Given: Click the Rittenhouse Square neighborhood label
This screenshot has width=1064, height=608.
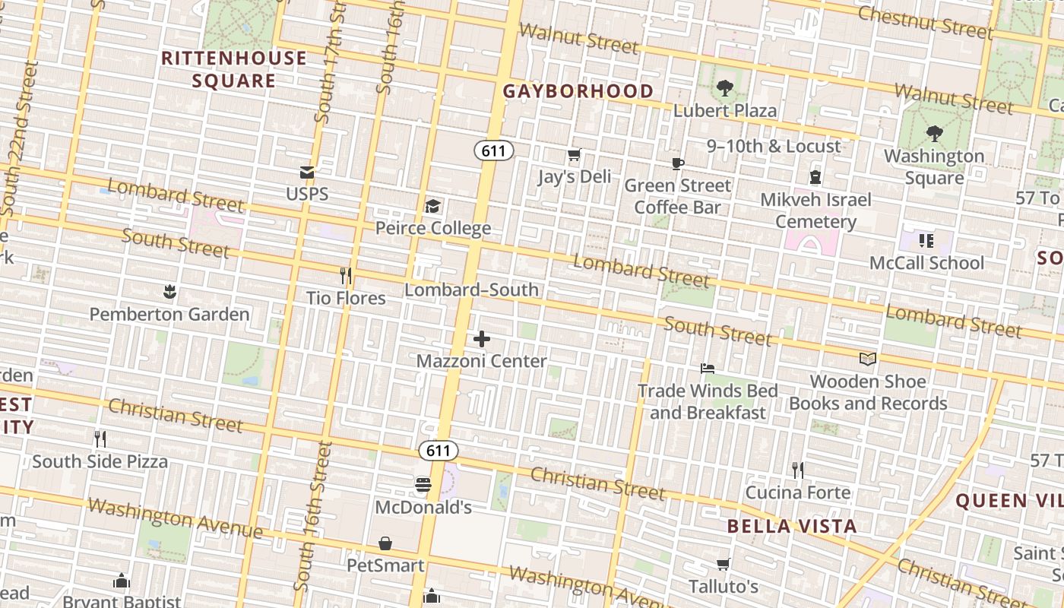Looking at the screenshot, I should (x=234, y=69).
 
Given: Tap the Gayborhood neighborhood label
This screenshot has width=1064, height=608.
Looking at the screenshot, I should (x=578, y=91).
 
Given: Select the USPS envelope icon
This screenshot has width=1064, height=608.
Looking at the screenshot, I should (x=307, y=173).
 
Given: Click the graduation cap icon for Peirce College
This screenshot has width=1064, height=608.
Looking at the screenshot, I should (x=432, y=206).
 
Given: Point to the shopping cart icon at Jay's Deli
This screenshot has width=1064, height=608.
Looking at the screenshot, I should (x=575, y=155).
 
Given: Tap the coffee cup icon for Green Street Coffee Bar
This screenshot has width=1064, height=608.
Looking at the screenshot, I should (x=678, y=163).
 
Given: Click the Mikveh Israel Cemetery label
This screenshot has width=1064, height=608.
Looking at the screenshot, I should (x=815, y=211).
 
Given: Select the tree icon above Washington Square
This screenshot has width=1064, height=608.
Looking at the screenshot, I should (x=934, y=134).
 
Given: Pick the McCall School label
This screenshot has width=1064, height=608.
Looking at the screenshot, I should (x=926, y=263).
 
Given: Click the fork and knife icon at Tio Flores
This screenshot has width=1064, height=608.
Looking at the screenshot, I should (x=346, y=275).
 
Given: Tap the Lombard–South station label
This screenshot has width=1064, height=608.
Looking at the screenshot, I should (x=472, y=290).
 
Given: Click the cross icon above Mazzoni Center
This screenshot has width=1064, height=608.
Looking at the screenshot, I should (x=482, y=339).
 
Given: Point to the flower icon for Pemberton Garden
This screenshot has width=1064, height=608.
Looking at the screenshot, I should (x=169, y=292).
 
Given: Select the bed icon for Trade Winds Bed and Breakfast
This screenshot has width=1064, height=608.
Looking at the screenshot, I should (x=708, y=369).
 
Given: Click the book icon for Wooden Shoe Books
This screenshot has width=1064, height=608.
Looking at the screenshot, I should (x=867, y=359).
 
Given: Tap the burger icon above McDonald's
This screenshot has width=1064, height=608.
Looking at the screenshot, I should (x=423, y=484).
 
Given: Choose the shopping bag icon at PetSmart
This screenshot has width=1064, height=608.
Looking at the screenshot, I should (x=385, y=543).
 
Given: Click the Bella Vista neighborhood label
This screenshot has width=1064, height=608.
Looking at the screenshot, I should (x=791, y=526).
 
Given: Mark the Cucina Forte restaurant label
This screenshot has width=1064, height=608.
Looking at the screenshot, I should (x=797, y=492).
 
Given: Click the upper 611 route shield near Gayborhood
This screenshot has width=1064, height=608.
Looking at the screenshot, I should (x=494, y=150).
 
